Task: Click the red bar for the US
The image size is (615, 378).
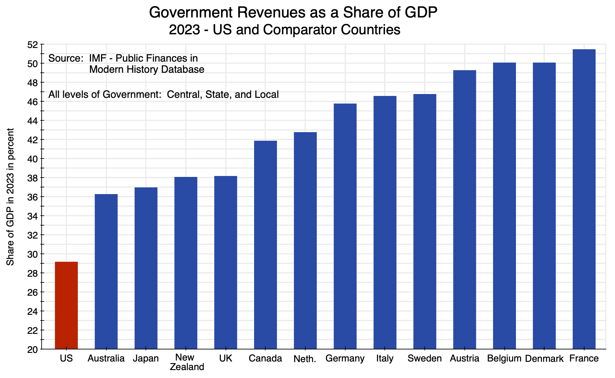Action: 66,305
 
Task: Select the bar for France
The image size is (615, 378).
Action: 584,199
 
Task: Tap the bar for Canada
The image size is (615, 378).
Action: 266,245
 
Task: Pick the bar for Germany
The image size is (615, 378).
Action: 345,226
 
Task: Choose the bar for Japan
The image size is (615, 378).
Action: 146,268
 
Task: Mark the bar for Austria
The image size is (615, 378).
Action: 464,210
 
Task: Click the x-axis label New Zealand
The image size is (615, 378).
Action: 186,362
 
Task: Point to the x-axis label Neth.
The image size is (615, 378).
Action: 305,359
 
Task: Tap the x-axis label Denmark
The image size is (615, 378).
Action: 544,359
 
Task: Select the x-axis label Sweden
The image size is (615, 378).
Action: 425,359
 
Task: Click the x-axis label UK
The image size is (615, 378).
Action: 226,359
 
